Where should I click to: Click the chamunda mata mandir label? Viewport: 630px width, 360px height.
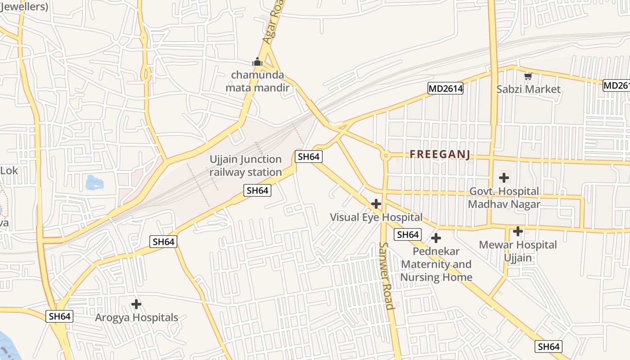pos(257,81)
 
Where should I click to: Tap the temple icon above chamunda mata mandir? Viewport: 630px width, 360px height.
pos(257,62)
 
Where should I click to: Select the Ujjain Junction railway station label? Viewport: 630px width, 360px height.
pos(246,166)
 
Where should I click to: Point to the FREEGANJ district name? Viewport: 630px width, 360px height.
pos(440,155)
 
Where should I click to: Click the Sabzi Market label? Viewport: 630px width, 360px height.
pos(528,89)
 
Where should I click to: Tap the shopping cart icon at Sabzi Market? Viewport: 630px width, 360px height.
pos(528,76)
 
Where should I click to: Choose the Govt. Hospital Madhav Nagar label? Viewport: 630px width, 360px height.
pos(504,198)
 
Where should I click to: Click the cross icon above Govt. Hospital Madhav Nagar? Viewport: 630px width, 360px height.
pos(504,178)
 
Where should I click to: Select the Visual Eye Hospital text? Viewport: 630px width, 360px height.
pos(376,217)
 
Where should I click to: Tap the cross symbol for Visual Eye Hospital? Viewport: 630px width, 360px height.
pos(376,204)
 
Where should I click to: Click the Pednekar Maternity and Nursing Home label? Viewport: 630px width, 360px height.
pos(436,264)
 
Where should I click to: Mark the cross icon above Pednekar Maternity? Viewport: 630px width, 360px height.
pos(436,238)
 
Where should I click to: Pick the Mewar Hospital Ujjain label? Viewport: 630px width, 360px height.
pos(518,251)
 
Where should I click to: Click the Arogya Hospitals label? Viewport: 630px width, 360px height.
pos(136,318)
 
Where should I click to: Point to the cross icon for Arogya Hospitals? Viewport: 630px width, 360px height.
pos(136,305)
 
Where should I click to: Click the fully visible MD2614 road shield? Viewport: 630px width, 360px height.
pos(445,89)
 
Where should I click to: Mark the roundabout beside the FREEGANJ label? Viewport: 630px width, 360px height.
pos(385,156)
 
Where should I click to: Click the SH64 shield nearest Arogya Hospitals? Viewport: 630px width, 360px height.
pos(59,316)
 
